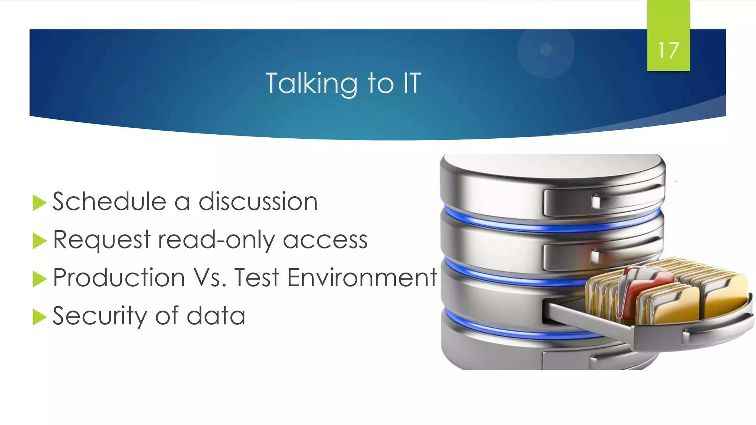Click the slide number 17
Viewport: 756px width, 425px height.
(x=668, y=51)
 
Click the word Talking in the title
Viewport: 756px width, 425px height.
(x=311, y=83)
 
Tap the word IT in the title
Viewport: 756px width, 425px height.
(x=412, y=83)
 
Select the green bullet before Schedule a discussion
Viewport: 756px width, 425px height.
(x=39, y=203)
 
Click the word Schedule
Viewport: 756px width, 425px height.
(x=109, y=202)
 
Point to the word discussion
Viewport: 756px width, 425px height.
(x=258, y=202)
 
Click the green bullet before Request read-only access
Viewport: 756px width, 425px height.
(x=39, y=241)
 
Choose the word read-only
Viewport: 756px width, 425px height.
(x=216, y=240)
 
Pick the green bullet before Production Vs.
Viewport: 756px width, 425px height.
(x=39, y=279)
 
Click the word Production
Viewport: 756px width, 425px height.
(x=119, y=278)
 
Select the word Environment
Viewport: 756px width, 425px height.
(x=362, y=278)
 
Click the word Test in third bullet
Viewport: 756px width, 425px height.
(x=257, y=278)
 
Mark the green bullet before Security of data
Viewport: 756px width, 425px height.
(x=39, y=317)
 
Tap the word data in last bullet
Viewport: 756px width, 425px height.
(x=216, y=316)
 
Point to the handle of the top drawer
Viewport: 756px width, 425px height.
(x=596, y=202)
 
